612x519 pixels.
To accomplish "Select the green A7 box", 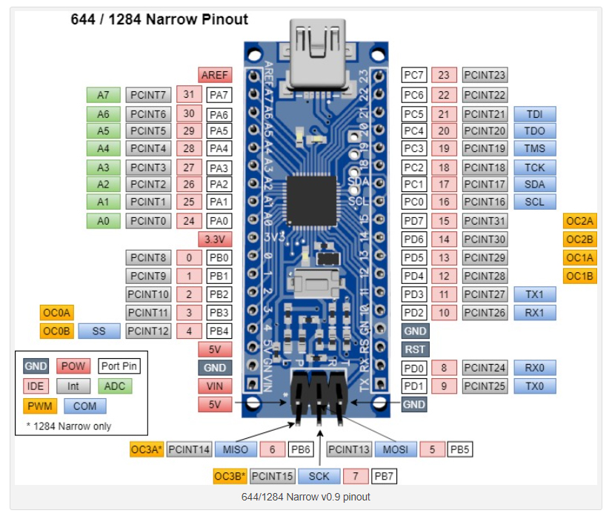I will tap(103, 95).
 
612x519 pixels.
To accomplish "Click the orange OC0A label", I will tap(56, 312).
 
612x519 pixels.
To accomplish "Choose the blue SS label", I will tap(99, 331).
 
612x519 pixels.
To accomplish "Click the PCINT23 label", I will tap(485, 75).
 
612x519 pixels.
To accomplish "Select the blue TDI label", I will tap(534, 114).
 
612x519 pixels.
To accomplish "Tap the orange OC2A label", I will tap(580, 221).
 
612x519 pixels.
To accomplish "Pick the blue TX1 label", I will tap(534, 294).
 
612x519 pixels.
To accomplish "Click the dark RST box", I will tap(415, 348).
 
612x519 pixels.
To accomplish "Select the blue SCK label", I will tap(319, 476).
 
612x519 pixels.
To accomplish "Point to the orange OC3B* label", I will tap(230, 476).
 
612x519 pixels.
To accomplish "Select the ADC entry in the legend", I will tap(114, 386).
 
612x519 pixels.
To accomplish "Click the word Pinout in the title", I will tap(224, 19).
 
